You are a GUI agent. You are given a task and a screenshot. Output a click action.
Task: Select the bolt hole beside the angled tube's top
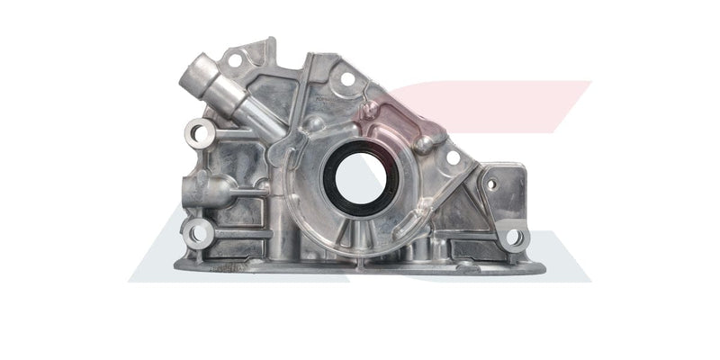[234, 60]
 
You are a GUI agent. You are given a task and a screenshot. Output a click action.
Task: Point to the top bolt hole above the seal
[347, 79]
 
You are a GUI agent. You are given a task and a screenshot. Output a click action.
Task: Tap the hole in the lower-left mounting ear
[197, 234]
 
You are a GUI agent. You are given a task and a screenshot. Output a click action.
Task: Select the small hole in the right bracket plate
[490, 184]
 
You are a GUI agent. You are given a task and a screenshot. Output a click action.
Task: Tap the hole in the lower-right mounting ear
[514, 238]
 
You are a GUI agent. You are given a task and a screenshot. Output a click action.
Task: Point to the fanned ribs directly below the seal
[355, 236]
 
